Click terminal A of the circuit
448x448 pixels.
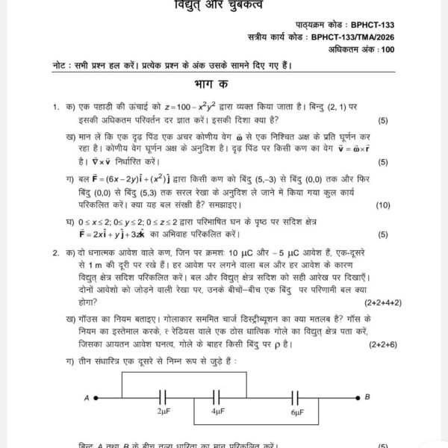pos(87,396)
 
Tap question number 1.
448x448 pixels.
pos(55,108)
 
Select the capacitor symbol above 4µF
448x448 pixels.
pos(217,396)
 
